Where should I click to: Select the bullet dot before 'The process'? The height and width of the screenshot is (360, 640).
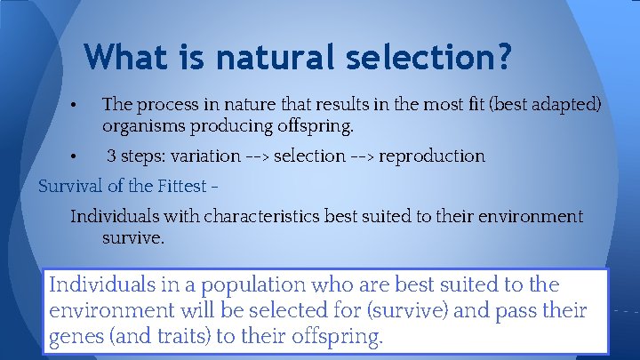[78, 106]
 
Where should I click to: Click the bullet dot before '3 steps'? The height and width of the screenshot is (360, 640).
[78, 157]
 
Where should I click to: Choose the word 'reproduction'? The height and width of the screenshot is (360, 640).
[432, 156]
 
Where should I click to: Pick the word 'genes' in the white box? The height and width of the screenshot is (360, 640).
[75, 339]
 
